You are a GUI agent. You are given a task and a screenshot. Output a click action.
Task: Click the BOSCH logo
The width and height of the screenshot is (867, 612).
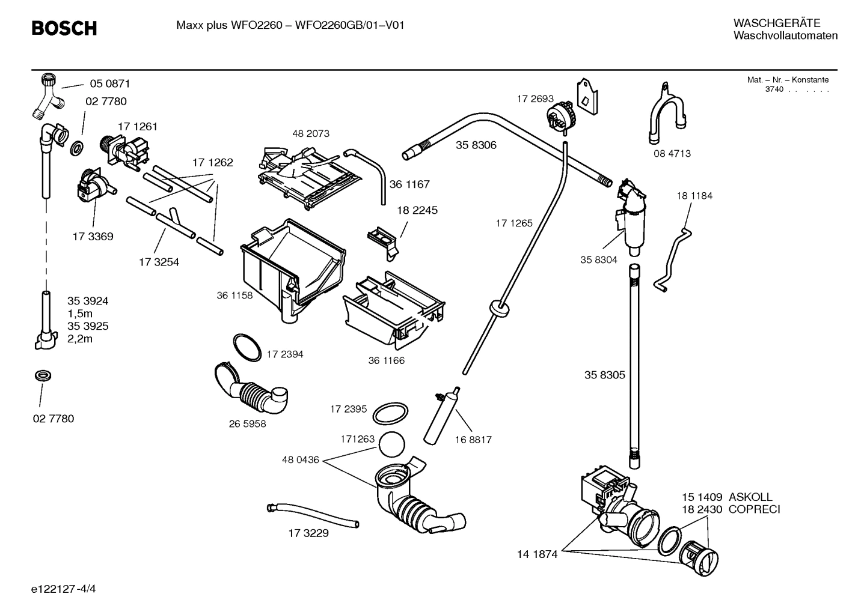(x=64, y=28)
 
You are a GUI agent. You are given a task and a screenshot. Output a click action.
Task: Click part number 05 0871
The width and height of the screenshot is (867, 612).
(x=109, y=83)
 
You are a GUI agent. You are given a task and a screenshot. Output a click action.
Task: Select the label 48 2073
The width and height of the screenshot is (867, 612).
(x=310, y=133)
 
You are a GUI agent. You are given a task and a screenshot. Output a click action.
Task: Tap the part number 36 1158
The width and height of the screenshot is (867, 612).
(x=234, y=295)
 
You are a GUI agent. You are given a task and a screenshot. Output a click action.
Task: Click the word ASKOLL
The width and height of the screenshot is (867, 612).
(x=750, y=497)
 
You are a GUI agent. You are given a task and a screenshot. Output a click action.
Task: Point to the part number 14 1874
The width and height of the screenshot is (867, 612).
(x=537, y=554)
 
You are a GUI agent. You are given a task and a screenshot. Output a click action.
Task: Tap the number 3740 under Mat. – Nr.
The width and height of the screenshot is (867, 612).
(x=774, y=89)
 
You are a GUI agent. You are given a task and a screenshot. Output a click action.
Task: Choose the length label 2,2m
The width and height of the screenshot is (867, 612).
(x=80, y=339)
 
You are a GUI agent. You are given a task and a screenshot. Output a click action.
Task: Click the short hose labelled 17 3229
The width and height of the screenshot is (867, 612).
(x=313, y=516)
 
